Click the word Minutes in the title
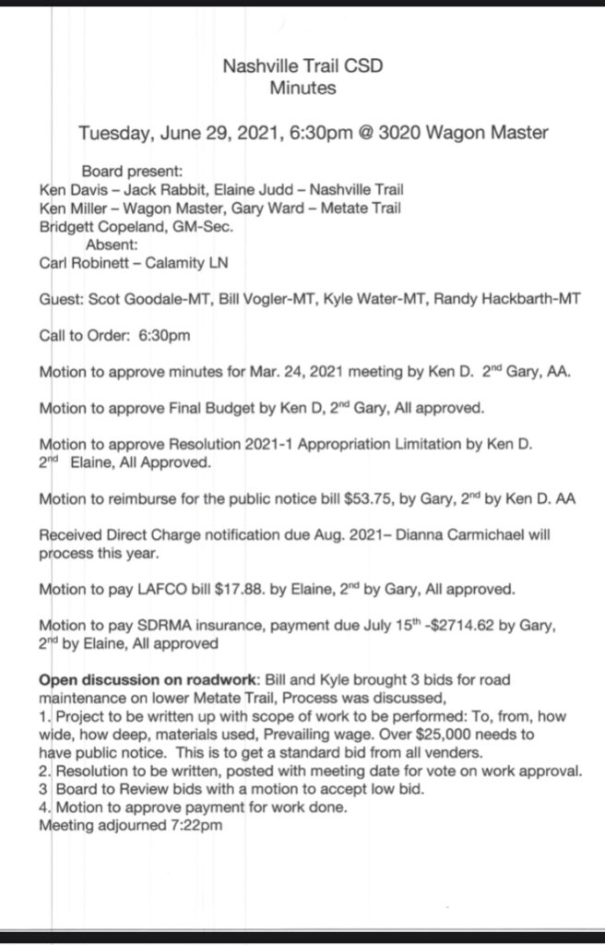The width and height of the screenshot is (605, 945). click(302, 89)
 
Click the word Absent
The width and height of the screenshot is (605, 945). click(113, 245)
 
